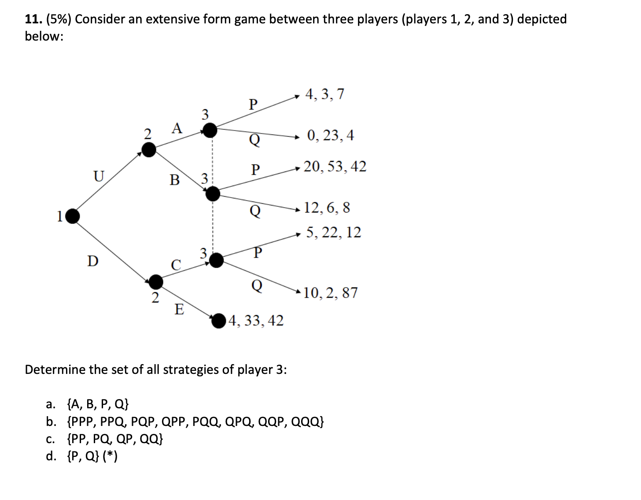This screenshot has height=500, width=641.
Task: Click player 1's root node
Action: click(x=73, y=216)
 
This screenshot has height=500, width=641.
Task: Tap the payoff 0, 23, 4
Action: click(x=330, y=135)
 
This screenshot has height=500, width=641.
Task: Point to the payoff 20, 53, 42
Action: click(x=335, y=167)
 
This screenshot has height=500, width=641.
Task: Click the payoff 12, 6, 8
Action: click(x=327, y=207)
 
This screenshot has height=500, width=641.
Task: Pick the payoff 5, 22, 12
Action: click(x=333, y=232)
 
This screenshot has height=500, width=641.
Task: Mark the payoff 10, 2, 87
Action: click(x=331, y=293)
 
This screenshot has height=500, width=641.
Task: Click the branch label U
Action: click(x=98, y=176)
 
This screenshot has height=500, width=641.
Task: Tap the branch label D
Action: click(x=92, y=261)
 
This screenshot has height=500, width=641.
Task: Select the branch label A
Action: click(x=177, y=128)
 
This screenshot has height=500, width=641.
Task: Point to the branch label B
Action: click(x=175, y=180)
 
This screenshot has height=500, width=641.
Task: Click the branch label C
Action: click(x=176, y=265)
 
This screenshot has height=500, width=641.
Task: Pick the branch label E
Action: click(x=179, y=310)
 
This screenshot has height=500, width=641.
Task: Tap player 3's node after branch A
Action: click(x=210, y=130)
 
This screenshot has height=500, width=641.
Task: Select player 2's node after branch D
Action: click(x=155, y=281)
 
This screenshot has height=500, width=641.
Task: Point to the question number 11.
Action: click(x=33, y=19)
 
